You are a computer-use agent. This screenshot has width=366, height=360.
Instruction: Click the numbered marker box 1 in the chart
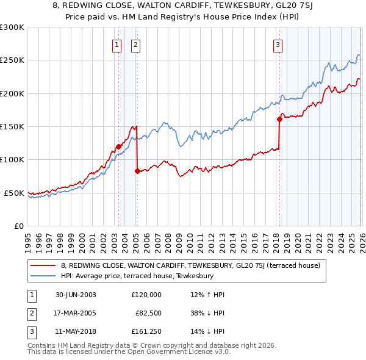click(x=117, y=44)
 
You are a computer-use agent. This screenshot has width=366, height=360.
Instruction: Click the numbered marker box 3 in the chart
click(x=278, y=44)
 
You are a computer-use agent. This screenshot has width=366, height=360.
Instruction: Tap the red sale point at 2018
click(x=279, y=119)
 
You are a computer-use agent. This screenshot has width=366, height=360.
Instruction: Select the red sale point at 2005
click(x=137, y=171)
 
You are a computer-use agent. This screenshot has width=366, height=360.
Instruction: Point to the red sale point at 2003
click(x=118, y=146)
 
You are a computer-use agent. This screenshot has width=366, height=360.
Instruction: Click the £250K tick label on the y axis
click(x=12, y=60)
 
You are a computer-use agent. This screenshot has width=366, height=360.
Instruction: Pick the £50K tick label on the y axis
click(x=14, y=193)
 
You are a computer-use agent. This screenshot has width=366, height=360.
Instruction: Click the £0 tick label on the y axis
click(x=18, y=226)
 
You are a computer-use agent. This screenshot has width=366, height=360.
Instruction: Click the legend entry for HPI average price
click(x=137, y=276)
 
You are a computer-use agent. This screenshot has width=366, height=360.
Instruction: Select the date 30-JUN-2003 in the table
click(x=76, y=294)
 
